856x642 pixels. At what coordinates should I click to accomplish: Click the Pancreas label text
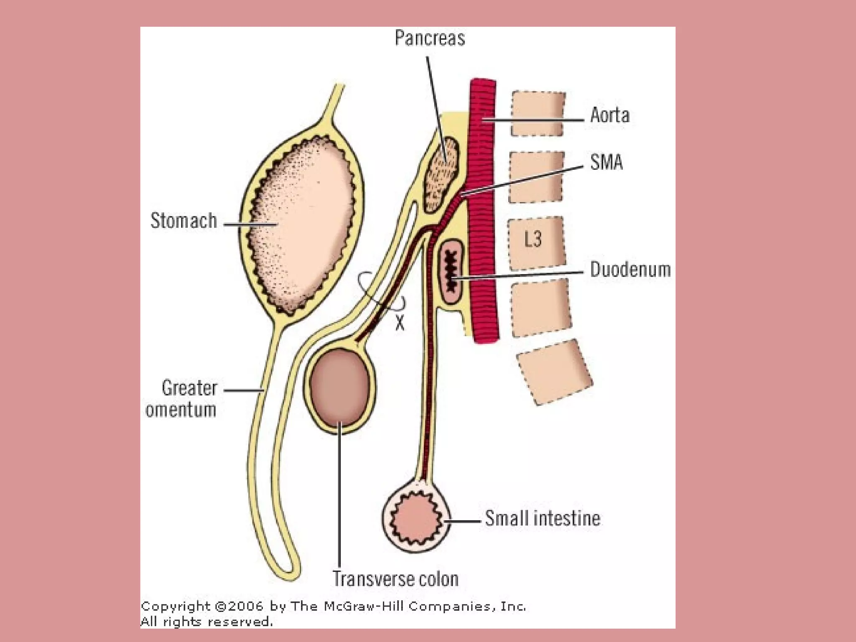430,38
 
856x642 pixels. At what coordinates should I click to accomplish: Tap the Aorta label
609,115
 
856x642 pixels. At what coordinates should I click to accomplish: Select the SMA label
606,162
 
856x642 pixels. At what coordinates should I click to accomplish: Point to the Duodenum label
630,270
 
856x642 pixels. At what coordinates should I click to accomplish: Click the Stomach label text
183,221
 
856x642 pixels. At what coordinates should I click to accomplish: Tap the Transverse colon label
395,579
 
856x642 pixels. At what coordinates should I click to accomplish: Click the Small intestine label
543,518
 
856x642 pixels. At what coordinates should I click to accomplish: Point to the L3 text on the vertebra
533,239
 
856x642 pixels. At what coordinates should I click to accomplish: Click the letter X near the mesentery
400,323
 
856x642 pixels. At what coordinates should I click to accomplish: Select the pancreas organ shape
442,176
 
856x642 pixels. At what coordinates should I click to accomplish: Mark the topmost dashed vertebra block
538,114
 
